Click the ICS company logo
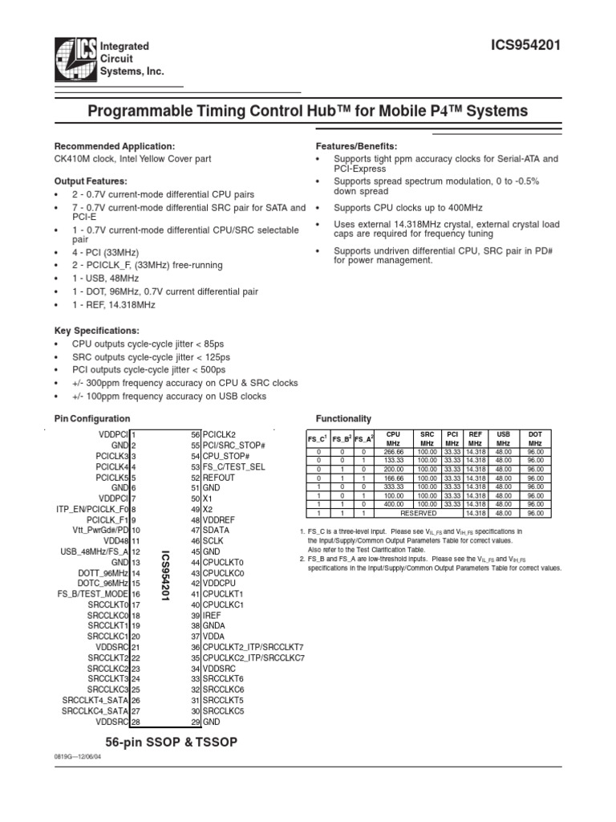point(74,60)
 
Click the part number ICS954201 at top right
point(525,47)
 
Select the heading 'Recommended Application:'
point(114,147)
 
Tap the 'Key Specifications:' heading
point(96,331)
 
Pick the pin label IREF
point(212,614)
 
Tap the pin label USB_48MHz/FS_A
point(95,551)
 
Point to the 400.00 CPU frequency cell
point(392,504)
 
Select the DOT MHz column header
point(535,438)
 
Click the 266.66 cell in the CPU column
point(392,451)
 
